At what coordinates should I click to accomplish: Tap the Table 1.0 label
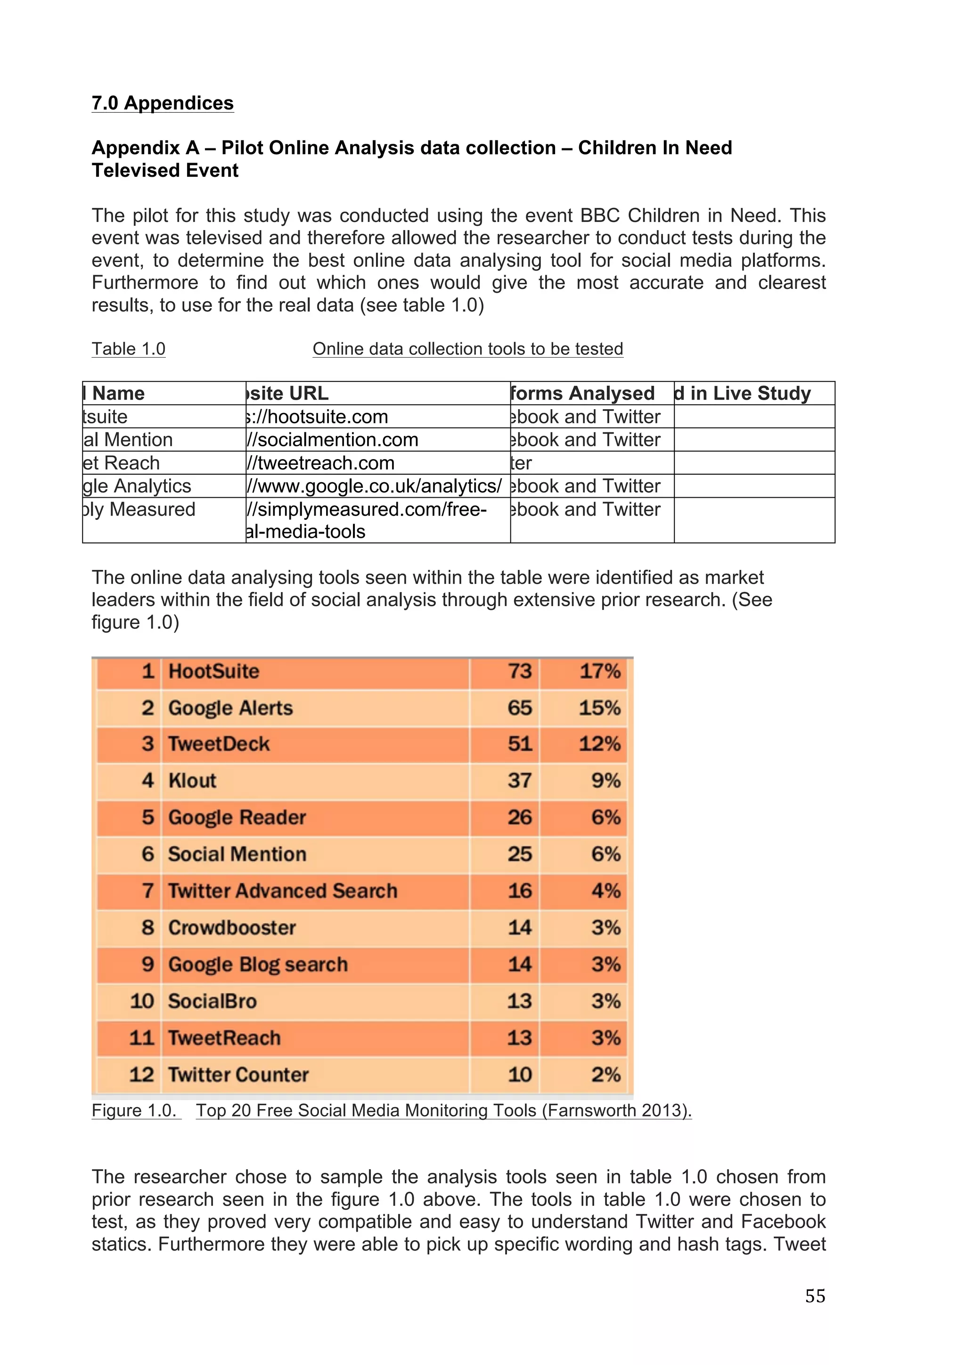point(128,349)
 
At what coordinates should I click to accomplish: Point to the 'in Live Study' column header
point(743,394)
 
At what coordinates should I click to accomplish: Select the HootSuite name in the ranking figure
point(214,671)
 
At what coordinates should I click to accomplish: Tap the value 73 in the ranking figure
point(519,671)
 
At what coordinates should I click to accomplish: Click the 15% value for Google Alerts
point(599,708)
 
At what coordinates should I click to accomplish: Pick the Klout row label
point(192,781)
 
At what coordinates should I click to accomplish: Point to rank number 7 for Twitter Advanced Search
point(148,890)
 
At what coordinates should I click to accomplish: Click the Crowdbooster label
point(232,928)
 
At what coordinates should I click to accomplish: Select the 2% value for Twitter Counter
point(605,1074)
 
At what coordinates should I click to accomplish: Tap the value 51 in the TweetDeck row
point(519,744)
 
